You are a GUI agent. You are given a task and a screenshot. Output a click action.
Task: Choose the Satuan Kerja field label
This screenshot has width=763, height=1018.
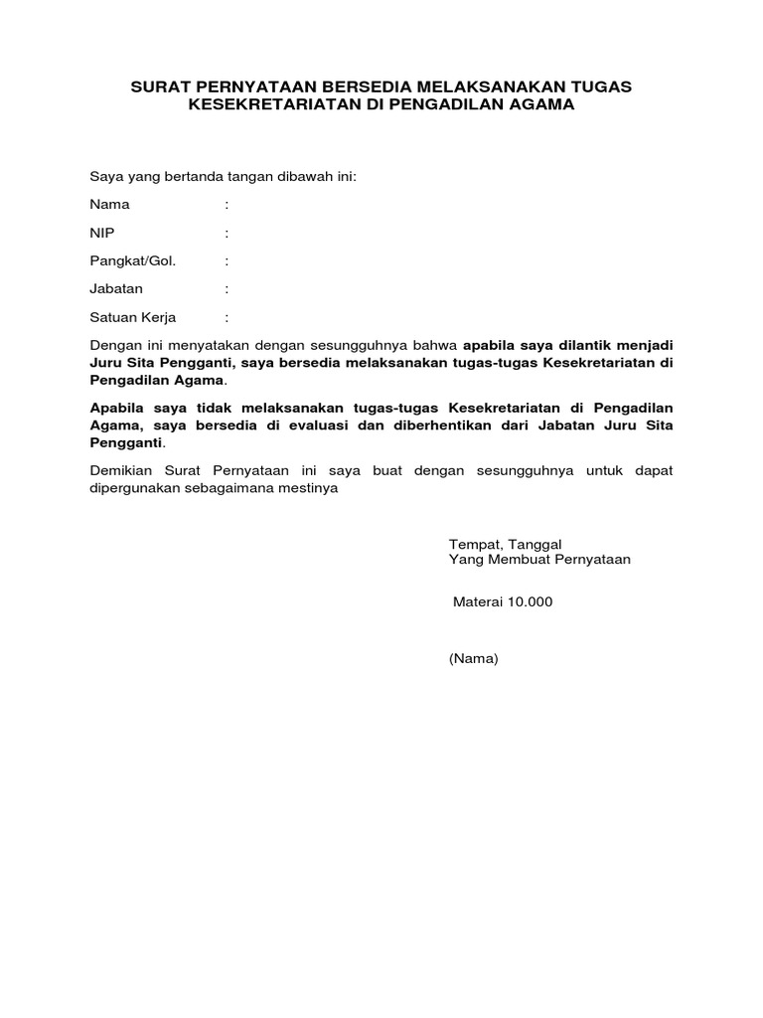point(132,317)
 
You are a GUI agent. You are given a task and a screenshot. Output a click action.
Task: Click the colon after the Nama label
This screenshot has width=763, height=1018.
point(227,205)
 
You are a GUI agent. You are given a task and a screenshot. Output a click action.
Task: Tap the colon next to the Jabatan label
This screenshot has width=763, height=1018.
point(227,289)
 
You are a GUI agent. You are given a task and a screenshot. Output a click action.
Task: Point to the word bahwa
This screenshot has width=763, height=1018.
point(438,345)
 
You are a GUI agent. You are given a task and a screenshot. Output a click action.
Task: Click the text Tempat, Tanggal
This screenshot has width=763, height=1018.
point(506,544)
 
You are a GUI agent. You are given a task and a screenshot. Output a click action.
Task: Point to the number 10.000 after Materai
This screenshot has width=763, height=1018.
point(529,601)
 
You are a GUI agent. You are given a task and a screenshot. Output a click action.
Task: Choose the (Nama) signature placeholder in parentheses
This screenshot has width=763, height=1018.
point(473,658)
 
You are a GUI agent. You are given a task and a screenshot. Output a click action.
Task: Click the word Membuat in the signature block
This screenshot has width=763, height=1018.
point(511,560)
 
